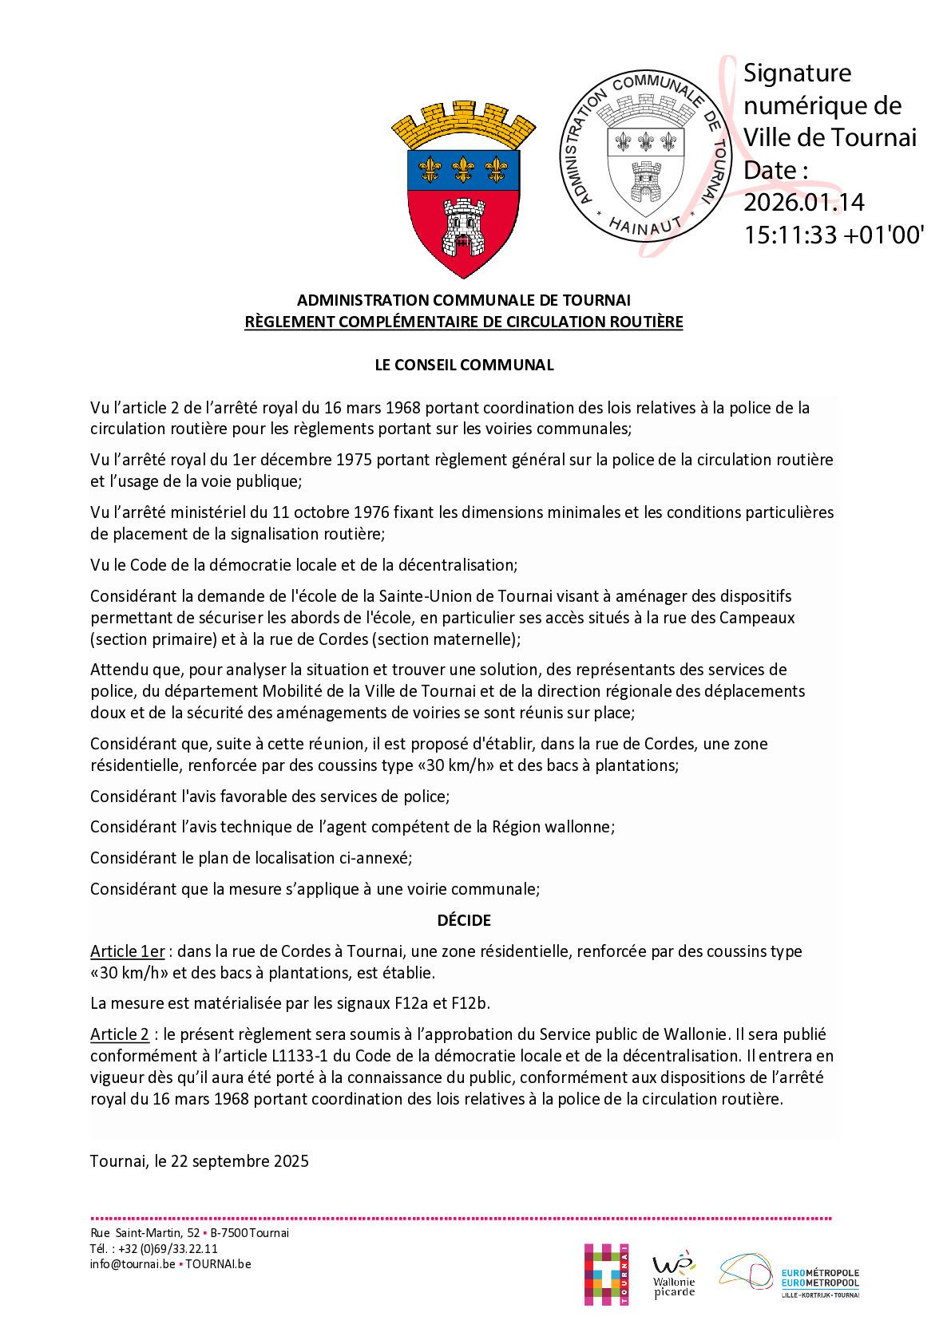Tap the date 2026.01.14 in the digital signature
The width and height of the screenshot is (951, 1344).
(x=803, y=203)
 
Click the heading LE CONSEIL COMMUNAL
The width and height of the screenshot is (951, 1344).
(x=464, y=365)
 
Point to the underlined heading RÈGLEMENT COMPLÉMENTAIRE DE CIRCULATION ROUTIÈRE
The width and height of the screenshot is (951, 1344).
(x=464, y=322)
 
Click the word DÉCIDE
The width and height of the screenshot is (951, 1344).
(x=464, y=920)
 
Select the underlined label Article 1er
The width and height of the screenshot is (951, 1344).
(x=128, y=951)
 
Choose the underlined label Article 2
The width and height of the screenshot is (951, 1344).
(x=120, y=1035)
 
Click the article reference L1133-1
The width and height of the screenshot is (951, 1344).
(x=296, y=1057)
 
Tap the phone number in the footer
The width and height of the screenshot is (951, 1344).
(x=164, y=1249)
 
